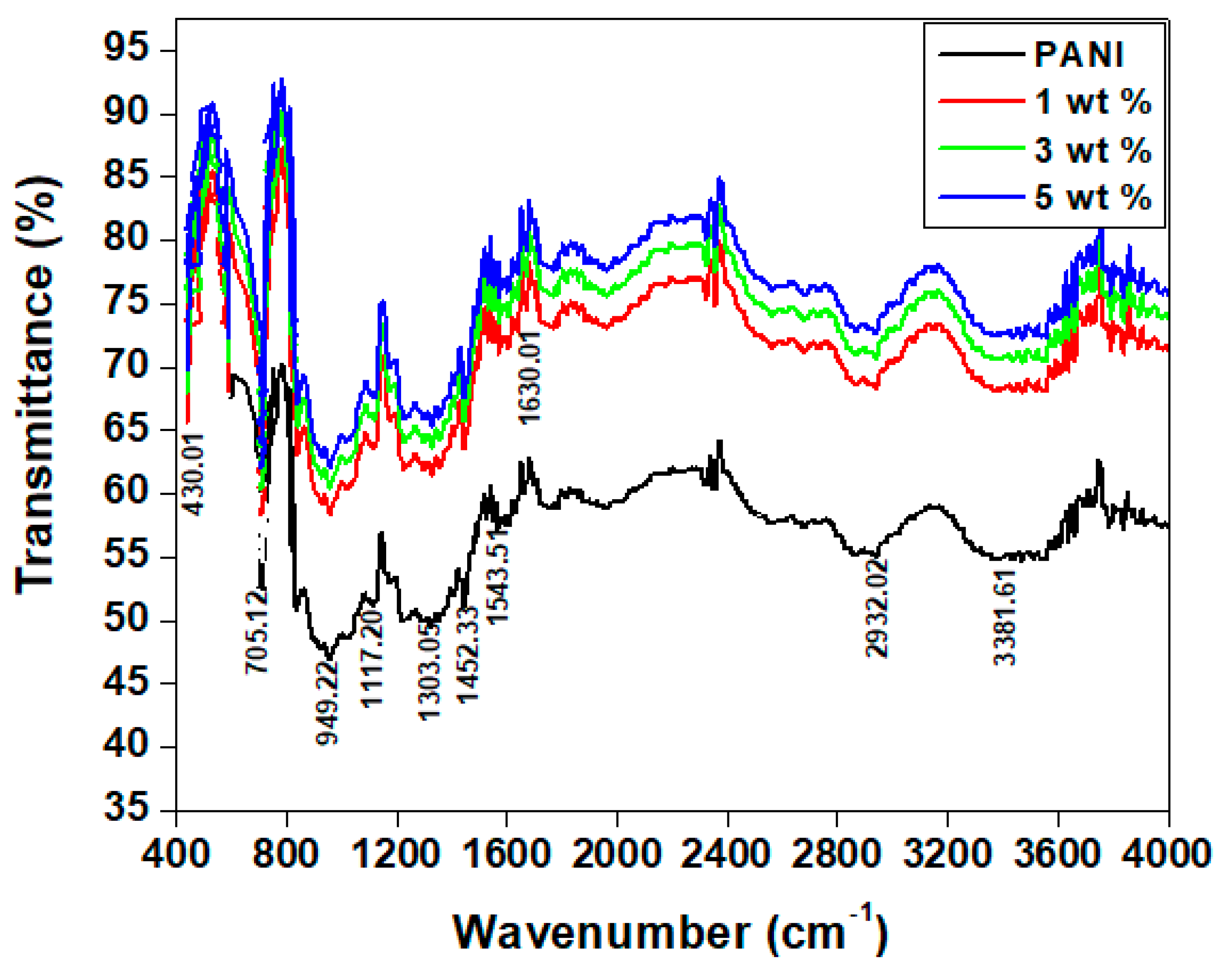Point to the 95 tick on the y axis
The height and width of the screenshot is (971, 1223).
tap(126, 47)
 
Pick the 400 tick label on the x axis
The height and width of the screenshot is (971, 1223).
tap(176, 852)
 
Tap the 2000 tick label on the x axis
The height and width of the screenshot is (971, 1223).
tap(617, 852)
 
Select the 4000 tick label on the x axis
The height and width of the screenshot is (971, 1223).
tap(1168, 852)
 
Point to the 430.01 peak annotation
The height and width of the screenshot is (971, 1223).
tap(192, 474)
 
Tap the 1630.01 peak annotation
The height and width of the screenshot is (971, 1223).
tap(529, 377)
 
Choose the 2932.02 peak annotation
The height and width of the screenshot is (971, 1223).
tap(877, 608)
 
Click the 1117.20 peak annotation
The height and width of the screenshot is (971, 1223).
tap(372, 658)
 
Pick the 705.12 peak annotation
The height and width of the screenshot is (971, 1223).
tap(256, 632)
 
